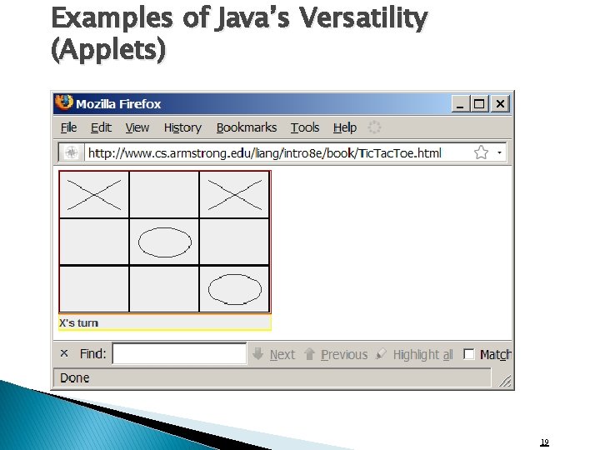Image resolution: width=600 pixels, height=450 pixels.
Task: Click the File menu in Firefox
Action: click(69, 127)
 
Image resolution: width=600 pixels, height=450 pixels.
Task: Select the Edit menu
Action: click(101, 127)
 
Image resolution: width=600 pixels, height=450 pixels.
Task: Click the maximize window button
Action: click(480, 104)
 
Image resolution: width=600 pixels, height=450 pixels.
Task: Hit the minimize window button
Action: click(461, 104)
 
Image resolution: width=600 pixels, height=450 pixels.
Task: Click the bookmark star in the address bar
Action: click(481, 152)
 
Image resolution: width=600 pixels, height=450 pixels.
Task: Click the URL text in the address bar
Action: click(265, 152)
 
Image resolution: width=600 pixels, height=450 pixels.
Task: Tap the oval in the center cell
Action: click(164, 242)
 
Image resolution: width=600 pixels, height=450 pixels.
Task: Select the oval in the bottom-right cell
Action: click(234, 288)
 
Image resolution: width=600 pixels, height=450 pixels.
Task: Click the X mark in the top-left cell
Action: click(94, 195)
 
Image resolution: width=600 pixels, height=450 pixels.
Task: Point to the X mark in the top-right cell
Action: click(234, 195)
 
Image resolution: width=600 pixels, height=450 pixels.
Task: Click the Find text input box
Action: click(179, 354)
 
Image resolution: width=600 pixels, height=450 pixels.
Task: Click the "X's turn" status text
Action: click(78, 323)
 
